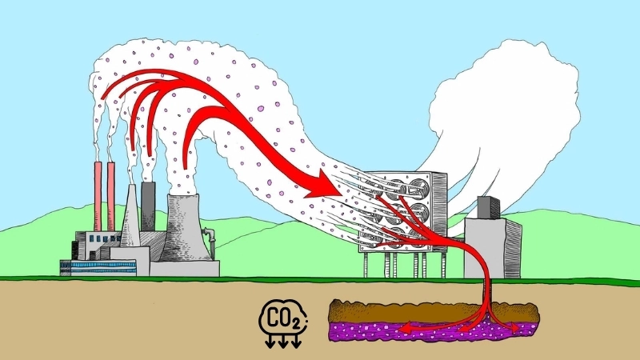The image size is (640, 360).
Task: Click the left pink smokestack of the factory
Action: pyautogui.click(x=98, y=196)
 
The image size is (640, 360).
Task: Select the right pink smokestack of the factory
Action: pyautogui.click(x=110, y=196)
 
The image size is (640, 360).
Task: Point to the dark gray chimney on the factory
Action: pyautogui.click(x=148, y=204)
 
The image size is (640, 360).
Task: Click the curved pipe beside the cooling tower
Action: pyautogui.click(x=210, y=236)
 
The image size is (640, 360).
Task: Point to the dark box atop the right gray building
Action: pyautogui.click(x=489, y=207)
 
